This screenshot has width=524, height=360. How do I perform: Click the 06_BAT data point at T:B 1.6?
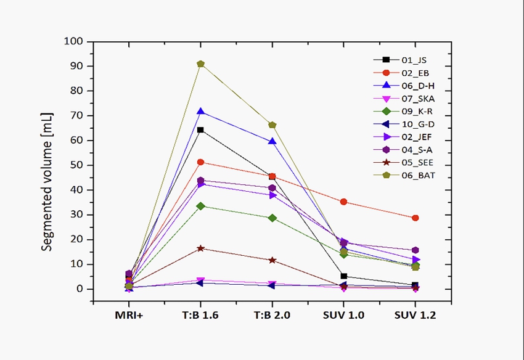(x=200, y=63)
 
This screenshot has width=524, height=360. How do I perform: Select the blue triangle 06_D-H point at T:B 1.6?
(x=200, y=112)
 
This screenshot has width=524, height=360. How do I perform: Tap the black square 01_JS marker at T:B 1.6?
(x=200, y=130)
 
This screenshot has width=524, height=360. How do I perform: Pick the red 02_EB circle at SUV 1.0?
(x=343, y=202)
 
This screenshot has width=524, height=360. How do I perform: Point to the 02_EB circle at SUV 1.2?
(x=415, y=218)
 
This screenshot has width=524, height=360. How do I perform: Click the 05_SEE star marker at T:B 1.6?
(x=200, y=248)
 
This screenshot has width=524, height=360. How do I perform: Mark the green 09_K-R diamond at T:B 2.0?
(x=272, y=218)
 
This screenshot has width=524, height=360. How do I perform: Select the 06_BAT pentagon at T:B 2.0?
(x=272, y=125)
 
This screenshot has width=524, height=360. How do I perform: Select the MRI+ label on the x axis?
(x=129, y=316)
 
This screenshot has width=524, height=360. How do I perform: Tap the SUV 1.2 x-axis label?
(x=415, y=316)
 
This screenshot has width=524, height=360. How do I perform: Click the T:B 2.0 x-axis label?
(x=272, y=316)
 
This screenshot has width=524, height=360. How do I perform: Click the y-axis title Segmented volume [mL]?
(x=47, y=182)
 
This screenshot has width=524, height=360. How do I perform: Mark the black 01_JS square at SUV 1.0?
(x=343, y=276)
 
